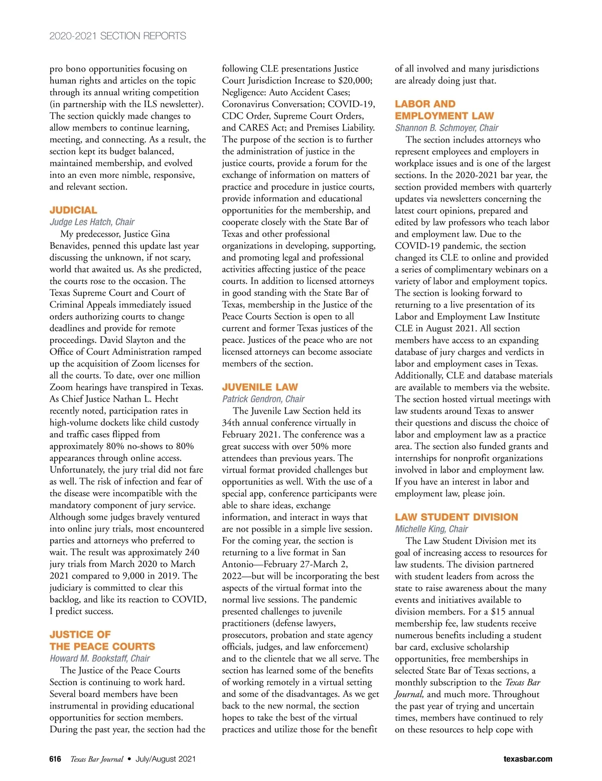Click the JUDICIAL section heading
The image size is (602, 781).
click(73, 210)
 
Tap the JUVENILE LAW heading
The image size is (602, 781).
click(260, 387)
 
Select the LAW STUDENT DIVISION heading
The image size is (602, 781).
click(456, 517)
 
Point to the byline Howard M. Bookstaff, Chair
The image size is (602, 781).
click(99, 658)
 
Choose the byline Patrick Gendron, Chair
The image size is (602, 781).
click(263, 399)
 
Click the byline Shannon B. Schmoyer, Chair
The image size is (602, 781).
click(446, 128)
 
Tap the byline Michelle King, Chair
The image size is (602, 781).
click(431, 529)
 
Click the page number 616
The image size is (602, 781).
click(55, 759)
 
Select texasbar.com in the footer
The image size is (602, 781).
click(528, 759)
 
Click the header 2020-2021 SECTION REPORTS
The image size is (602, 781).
click(117, 36)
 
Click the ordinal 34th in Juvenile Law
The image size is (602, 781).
click(232, 423)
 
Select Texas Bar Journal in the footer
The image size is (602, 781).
click(96, 759)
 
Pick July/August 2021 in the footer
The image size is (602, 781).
click(166, 759)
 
